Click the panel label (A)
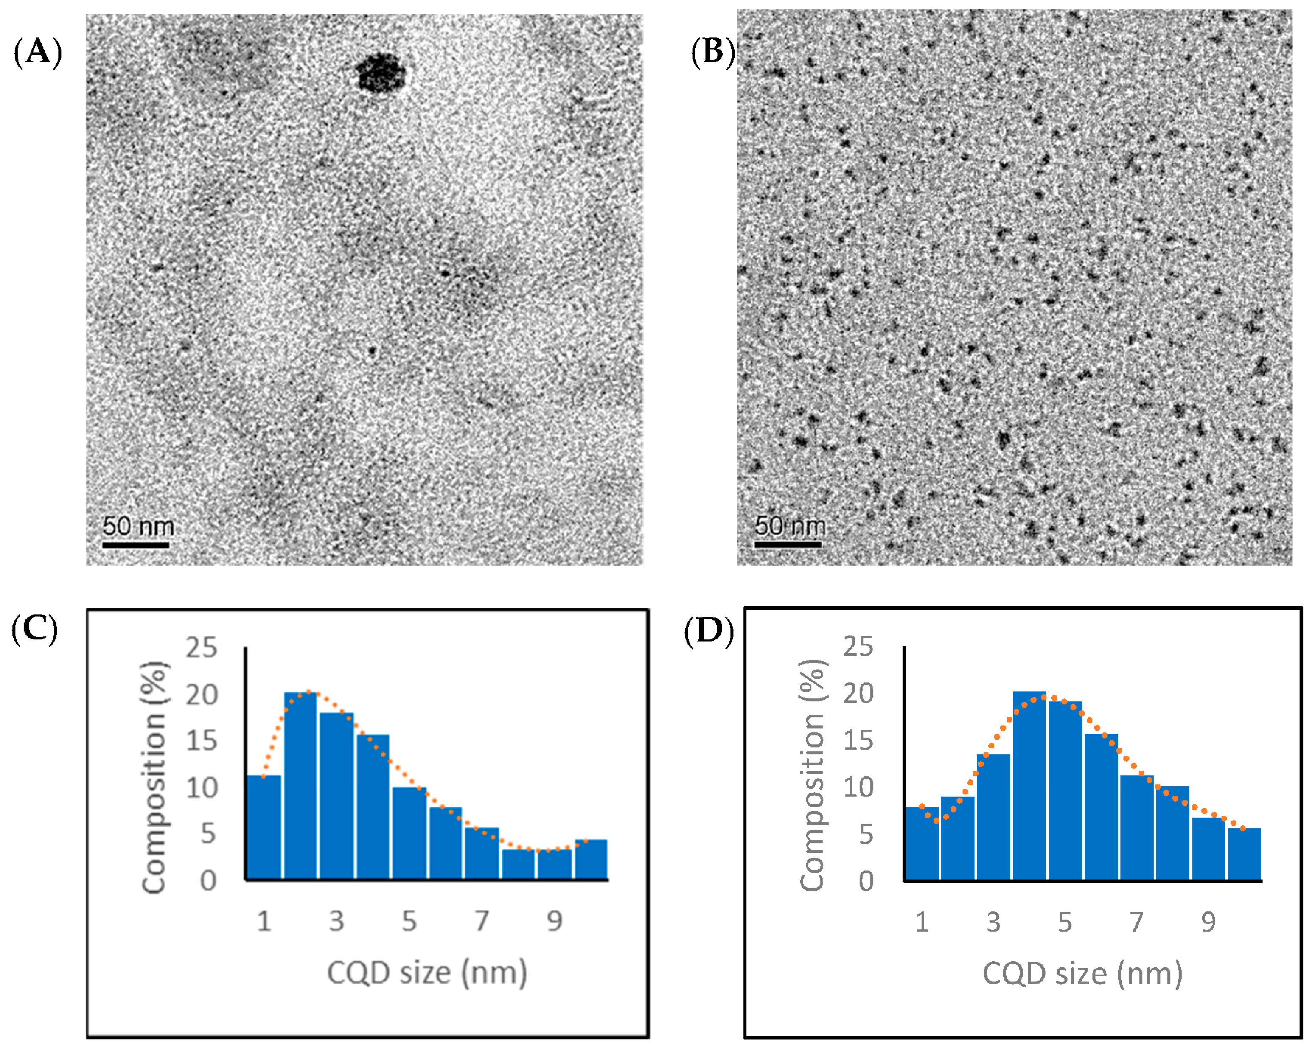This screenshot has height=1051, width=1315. click(38, 53)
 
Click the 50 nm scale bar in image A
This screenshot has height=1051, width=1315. click(135, 544)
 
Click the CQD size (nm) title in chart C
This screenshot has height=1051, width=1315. click(427, 973)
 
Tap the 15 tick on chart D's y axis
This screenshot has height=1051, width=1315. click(858, 741)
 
